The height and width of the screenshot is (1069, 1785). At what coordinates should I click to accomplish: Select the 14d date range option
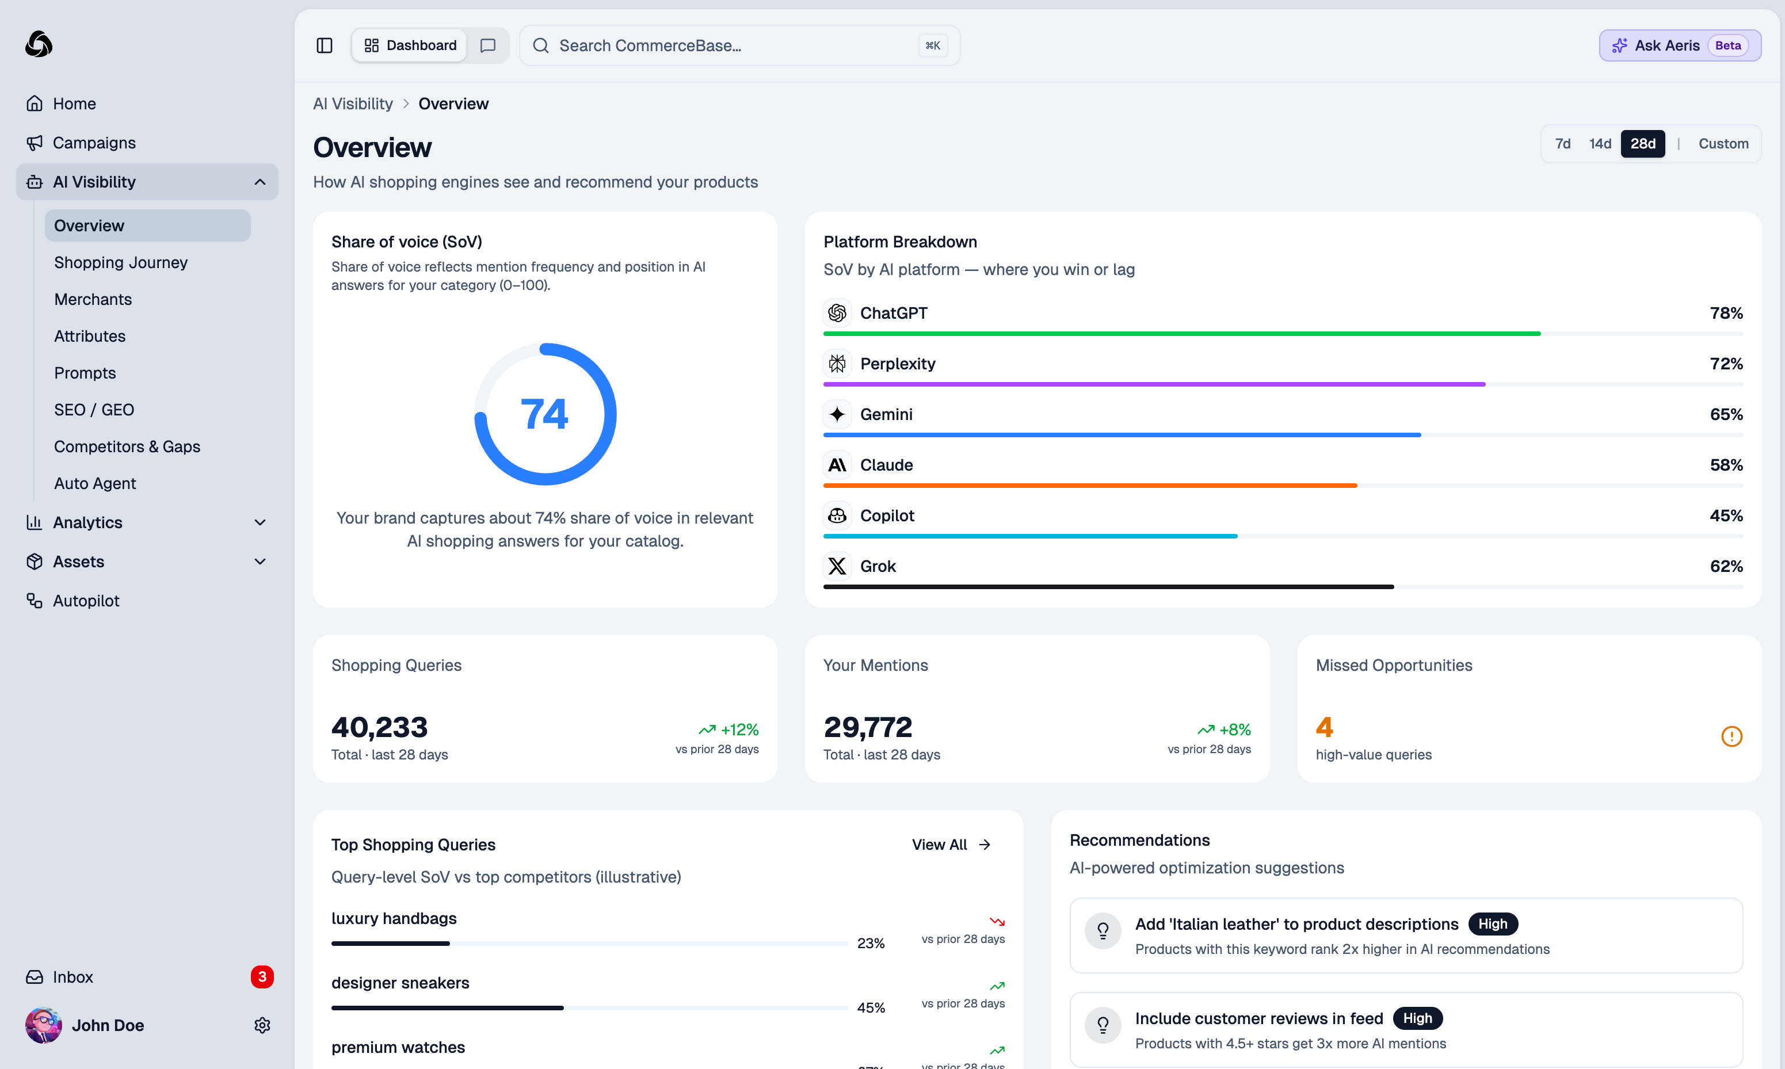[1599, 143]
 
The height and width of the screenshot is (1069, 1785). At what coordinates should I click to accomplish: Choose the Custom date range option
[1722, 143]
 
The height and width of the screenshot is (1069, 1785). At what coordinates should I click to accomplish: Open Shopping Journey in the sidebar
[120, 262]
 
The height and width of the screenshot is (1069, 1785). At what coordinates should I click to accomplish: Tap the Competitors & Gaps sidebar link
[127, 446]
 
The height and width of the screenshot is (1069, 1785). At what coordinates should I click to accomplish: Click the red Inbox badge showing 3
[261, 977]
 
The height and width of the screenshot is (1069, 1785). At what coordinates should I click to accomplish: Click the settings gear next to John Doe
[262, 1025]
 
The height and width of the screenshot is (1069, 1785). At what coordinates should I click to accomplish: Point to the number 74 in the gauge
[544, 414]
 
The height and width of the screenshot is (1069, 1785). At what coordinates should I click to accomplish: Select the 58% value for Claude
[1726, 465]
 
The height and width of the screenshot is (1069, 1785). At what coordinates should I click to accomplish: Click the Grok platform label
[878, 566]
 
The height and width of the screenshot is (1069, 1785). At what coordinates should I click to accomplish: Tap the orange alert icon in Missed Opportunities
[1731, 736]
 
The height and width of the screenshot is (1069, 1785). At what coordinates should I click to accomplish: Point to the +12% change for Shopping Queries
[739, 730]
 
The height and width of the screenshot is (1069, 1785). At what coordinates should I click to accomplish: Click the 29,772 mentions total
[867, 727]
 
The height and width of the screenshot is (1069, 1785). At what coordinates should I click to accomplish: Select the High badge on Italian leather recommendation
[1492, 923]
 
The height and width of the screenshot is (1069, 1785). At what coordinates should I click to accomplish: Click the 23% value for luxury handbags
[870, 943]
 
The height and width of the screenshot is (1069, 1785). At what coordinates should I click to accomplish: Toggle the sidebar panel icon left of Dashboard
[324, 45]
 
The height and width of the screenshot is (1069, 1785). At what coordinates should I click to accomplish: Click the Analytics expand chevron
[260, 522]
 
